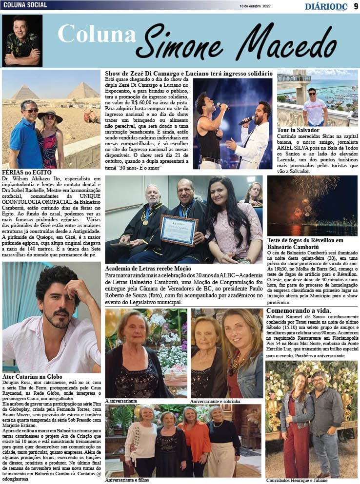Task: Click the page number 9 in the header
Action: pos(356,5)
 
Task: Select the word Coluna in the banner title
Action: pos(96,34)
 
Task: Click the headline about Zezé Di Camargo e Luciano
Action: pos(189,73)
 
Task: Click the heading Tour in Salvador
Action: pos(298,130)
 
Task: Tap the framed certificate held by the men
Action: pos(179,230)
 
